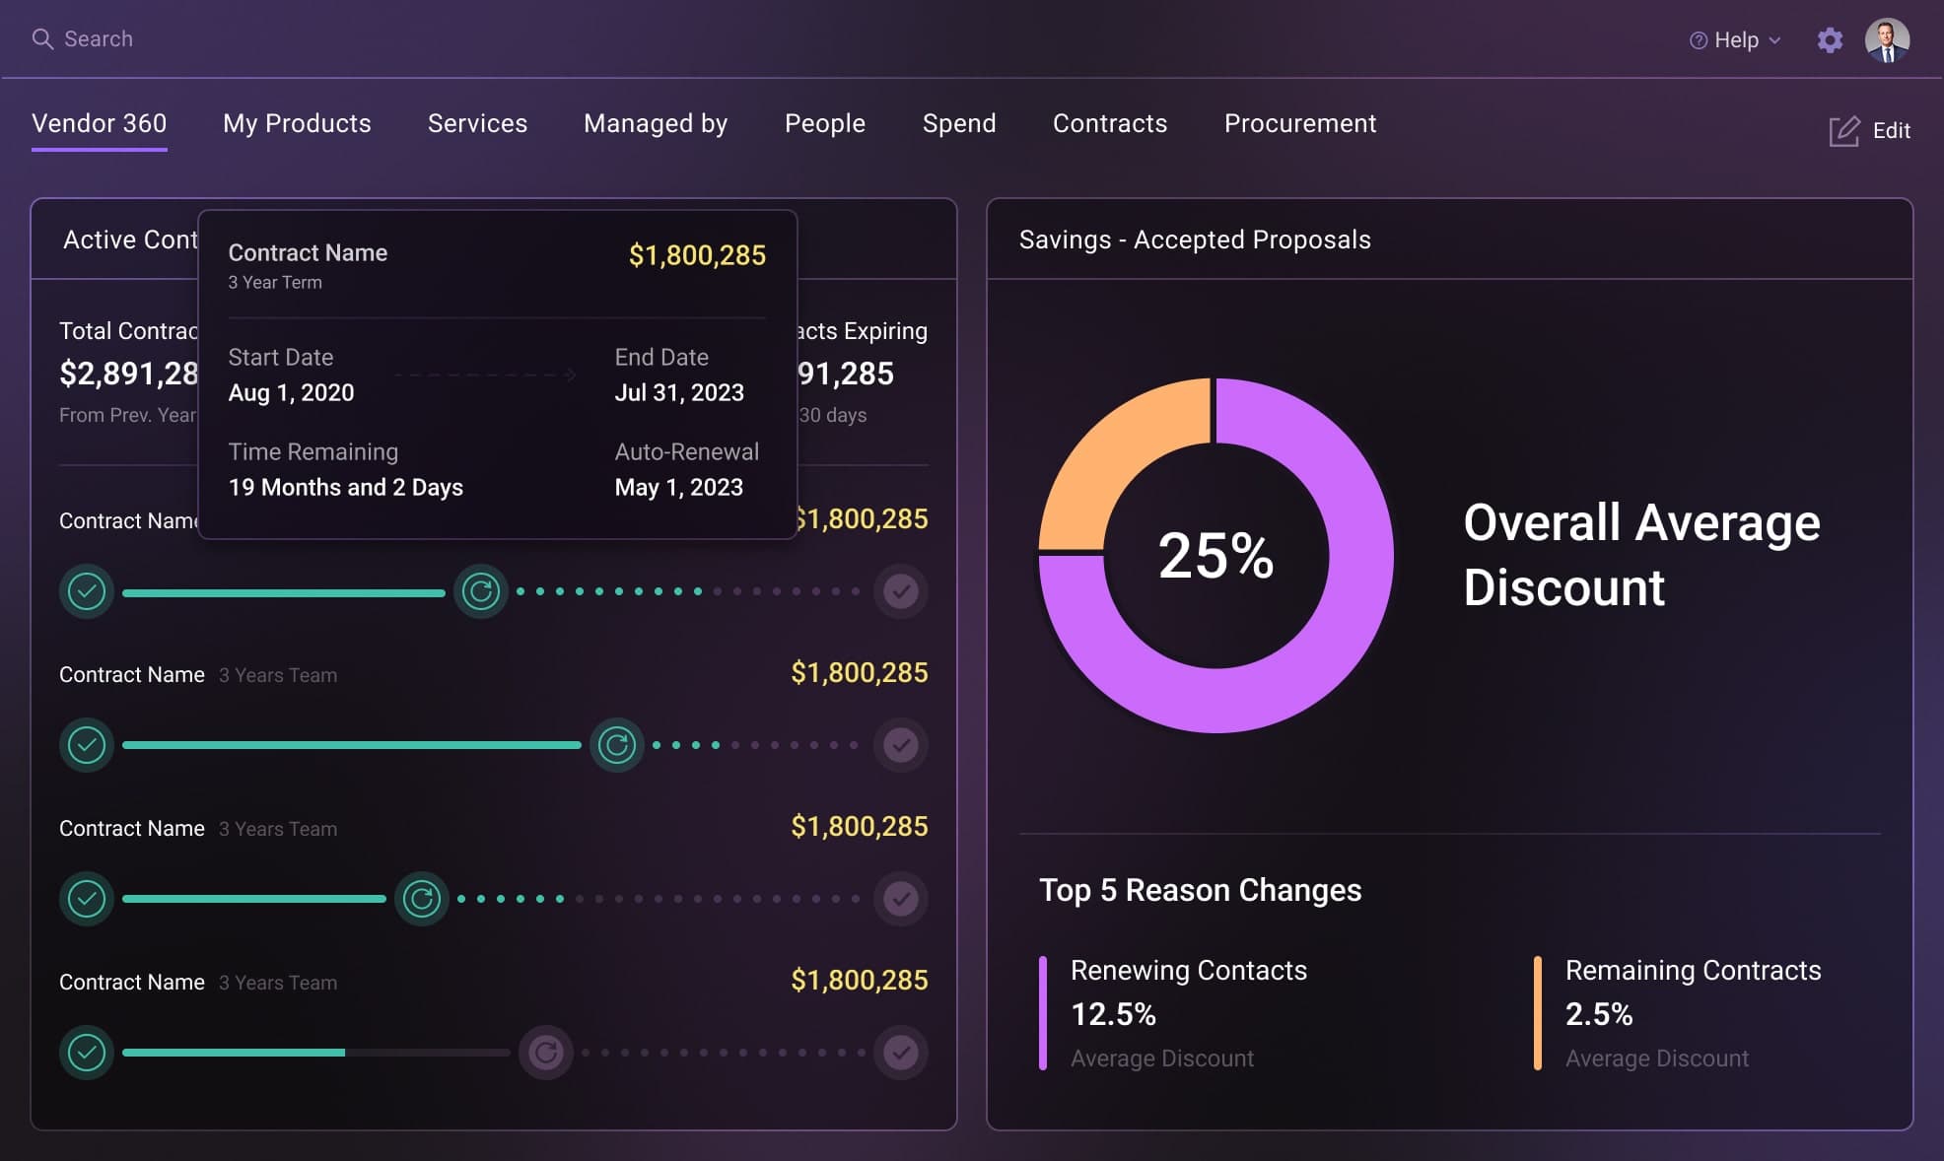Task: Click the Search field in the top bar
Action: (98, 39)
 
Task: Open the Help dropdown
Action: (1735, 40)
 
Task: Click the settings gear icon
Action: (1830, 40)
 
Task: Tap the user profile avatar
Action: (1887, 40)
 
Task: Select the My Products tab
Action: (297, 123)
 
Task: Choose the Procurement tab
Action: (1299, 123)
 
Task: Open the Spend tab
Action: (958, 123)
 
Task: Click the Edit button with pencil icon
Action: (1870, 131)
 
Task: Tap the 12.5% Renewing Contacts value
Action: (1113, 1014)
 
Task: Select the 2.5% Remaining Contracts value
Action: (1598, 1014)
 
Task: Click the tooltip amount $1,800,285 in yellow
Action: (697, 255)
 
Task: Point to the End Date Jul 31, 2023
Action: (679, 392)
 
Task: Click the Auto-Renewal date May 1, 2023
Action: (678, 487)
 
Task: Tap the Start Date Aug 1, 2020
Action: (291, 392)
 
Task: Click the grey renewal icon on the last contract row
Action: (546, 1053)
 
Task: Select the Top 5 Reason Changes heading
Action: (1200, 890)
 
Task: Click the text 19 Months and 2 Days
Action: (345, 487)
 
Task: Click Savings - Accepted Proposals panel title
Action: (1195, 239)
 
